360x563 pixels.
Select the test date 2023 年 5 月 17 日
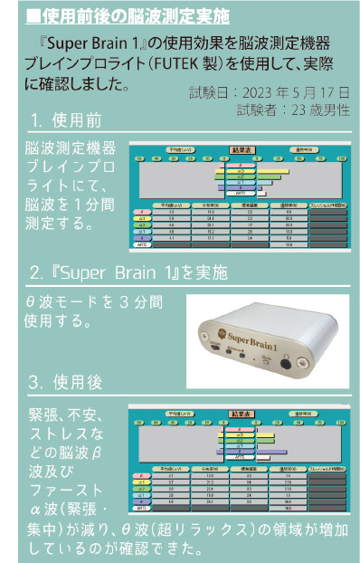[294, 92]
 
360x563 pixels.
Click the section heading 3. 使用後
[64, 379]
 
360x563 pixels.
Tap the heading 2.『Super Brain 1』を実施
[128, 272]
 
